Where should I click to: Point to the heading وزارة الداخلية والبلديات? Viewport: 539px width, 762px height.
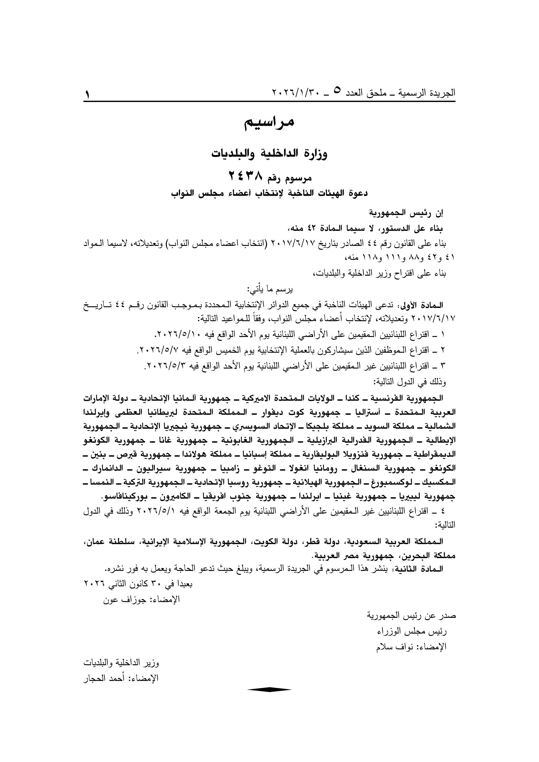pos(269,154)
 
